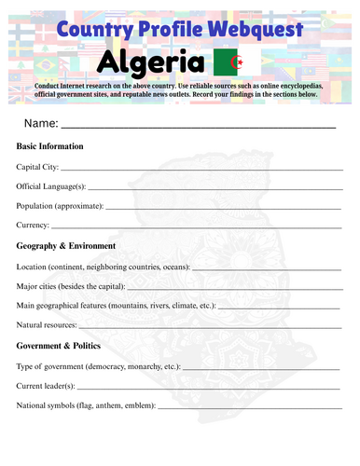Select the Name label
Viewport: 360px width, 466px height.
[42, 123]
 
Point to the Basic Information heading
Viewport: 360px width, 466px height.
[50, 146]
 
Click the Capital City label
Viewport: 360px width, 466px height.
[38, 167]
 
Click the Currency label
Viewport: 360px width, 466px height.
[33, 226]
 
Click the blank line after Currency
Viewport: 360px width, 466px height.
[196, 227]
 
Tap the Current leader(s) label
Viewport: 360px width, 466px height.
[47, 385]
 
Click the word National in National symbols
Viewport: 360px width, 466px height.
[34, 404]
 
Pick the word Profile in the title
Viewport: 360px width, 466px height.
[169, 29]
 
